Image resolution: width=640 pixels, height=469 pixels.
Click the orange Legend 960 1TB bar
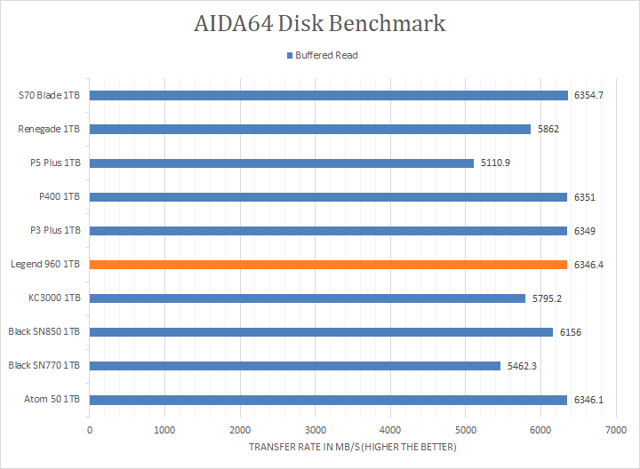328,265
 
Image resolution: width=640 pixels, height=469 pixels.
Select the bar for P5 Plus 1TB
282,163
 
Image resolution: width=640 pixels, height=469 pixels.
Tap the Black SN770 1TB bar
295,366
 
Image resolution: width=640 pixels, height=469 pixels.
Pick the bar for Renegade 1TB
310,130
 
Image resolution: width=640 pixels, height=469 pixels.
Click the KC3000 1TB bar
308,298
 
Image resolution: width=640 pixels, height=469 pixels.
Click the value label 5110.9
496,163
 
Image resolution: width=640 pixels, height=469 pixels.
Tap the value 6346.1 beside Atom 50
589,400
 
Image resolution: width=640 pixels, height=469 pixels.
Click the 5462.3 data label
523,366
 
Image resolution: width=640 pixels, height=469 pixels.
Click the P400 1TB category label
60,197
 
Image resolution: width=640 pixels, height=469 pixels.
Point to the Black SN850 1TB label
44,332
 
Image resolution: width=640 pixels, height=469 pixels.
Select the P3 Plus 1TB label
56,231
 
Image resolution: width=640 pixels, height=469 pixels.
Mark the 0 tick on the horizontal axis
90,430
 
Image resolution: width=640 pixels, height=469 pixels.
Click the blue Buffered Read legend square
289,56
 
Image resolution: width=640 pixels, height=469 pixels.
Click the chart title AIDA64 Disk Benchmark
320,24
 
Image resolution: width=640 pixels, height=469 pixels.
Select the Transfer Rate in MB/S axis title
353,447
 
